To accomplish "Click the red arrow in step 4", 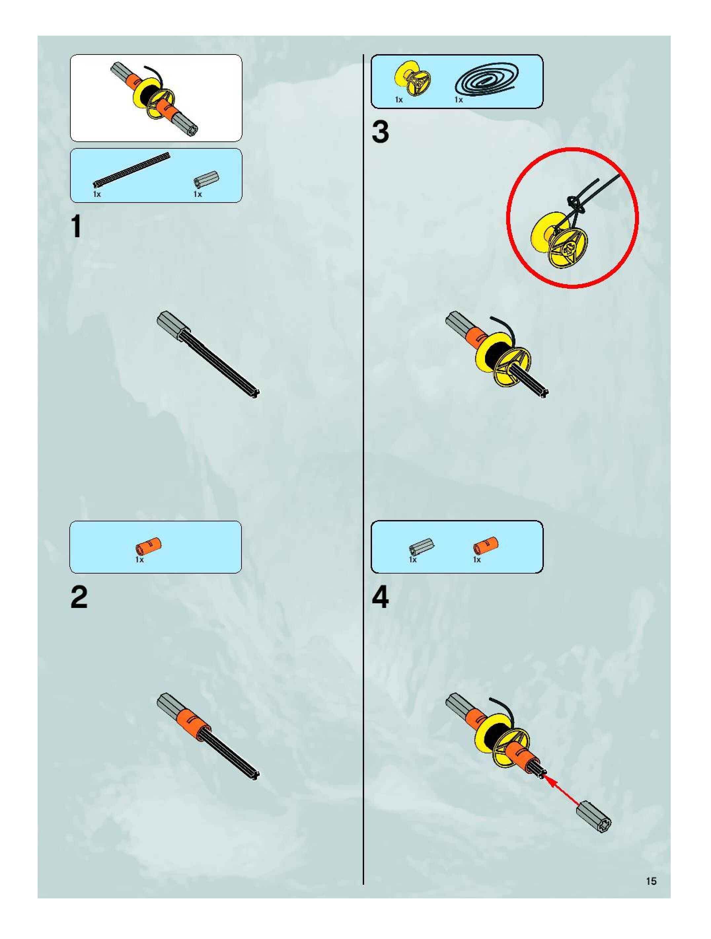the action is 562,790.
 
